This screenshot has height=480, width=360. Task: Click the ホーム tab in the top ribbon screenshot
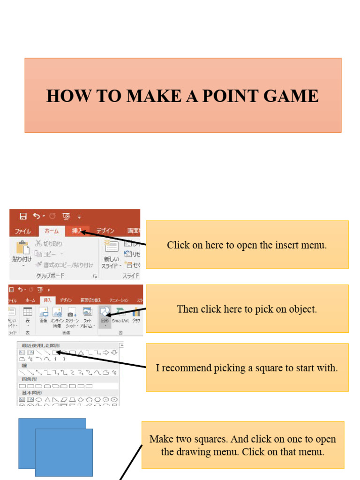pyautogui.click(x=52, y=231)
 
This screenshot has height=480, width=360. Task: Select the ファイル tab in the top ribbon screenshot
pyautogui.click(x=22, y=231)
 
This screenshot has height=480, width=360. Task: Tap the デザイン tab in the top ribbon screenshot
pyautogui.click(x=105, y=231)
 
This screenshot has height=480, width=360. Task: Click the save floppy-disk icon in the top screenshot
pyautogui.click(x=23, y=216)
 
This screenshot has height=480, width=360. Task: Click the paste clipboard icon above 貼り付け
pyautogui.click(x=22, y=247)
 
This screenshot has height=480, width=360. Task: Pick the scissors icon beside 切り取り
pyautogui.click(x=38, y=243)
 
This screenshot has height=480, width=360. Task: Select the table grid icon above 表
pyautogui.click(x=28, y=312)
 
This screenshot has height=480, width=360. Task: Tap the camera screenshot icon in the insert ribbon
pyautogui.click(x=71, y=313)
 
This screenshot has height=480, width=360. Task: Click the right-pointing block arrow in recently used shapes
pyautogui.click(x=105, y=352)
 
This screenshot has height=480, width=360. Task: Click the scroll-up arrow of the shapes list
pyautogui.click(x=122, y=345)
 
